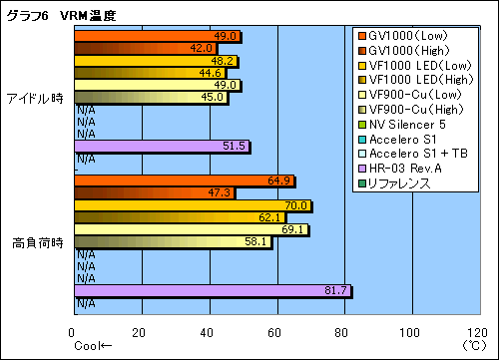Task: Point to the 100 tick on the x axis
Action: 410,332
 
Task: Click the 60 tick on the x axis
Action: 274,332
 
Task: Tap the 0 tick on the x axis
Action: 72,332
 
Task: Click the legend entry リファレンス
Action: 399,183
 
